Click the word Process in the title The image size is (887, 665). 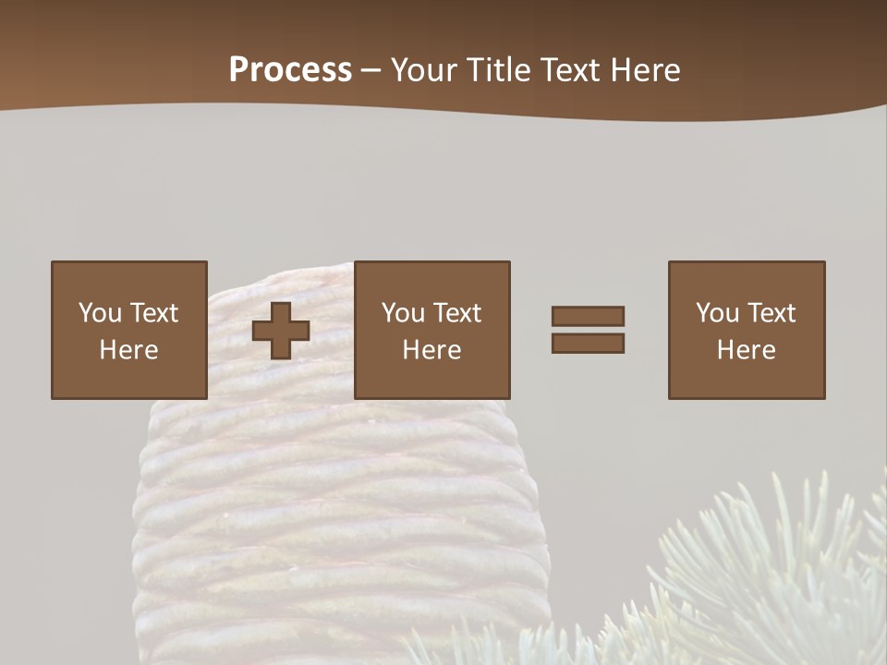pyautogui.click(x=290, y=70)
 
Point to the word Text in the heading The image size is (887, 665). pyautogui.click(x=572, y=70)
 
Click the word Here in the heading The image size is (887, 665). pyautogui.click(x=646, y=70)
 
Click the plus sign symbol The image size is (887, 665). pyautogui.click(x=281, y=331)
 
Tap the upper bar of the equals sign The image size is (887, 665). pyautogui.click(x=588, y=317)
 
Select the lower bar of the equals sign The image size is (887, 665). pyautogui.click(x=588, y=344)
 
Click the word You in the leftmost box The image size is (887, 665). pyautogui.click(x=100, y=313)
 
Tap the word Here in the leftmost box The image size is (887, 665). pyautogui.click(x=128, y=350)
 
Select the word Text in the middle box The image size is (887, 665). pyautogui.click(x=456, y=313)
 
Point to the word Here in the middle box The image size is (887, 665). pyautogui.click(x=431, y=350)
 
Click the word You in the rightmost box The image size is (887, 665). pyautogui.click(x=717, y=313)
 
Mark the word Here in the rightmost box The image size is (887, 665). pyautogui.click(x=746, y=350)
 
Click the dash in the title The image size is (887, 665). pyautogui.click(x=371, y=70)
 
